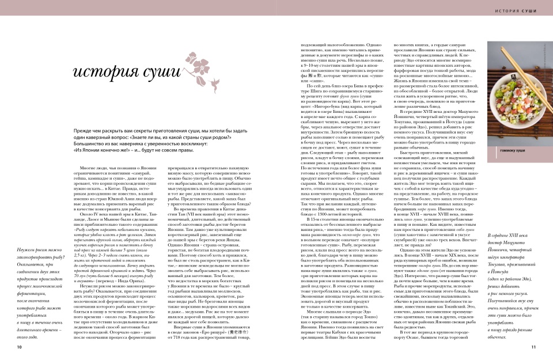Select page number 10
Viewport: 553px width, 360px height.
(x=20, y=347)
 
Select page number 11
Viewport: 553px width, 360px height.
(x=533, y=347)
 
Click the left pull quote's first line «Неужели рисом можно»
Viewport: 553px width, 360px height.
(x=36, y=263)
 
